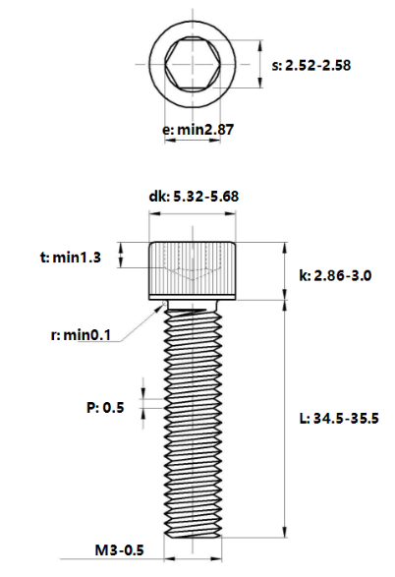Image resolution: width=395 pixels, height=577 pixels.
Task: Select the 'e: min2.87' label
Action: click(x=196, y=128)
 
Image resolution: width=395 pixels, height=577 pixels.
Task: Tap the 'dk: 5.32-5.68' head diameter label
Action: click(x=195, y=197)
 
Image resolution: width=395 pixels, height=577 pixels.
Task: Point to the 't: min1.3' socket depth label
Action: click(x=71, y=258)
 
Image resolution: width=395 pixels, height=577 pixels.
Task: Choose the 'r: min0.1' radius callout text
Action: click(x=80, y=335)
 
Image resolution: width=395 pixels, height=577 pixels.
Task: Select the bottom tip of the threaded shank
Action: click(x=195, y=536)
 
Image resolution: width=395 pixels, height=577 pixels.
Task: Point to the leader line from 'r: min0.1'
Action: click(x=138, y=321)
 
